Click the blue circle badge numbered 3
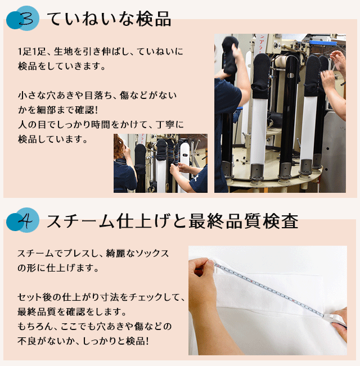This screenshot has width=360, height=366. [x=23, y=19]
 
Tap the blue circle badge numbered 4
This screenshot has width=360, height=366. [x=23, y=220]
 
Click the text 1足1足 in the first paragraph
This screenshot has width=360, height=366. [x=32, y=52]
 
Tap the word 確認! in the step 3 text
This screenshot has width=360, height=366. [x=86, y=110]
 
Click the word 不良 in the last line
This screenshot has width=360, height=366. [x=26, y=341]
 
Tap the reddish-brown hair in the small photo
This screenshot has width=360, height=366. [x=119, y=146]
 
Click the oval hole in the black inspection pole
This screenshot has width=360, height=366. [x=290, y=75]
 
